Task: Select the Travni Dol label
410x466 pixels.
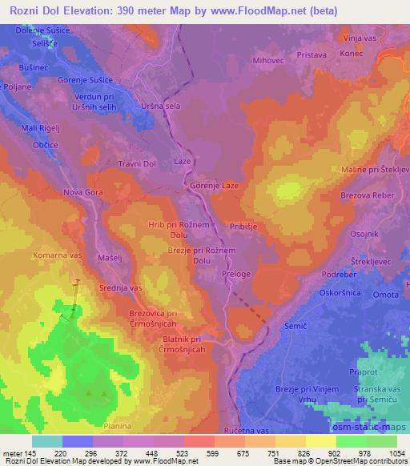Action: pyautogui.click(x=138, y=164)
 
